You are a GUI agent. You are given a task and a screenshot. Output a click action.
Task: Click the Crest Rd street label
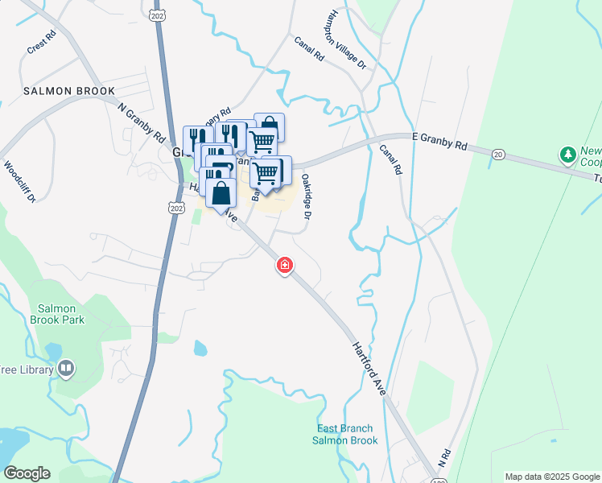(41, 46)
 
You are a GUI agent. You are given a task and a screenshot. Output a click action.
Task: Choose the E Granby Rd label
(439, 142)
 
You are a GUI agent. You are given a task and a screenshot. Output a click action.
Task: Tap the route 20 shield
(498, 155)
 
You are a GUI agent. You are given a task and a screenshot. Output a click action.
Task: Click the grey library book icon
(66, 369)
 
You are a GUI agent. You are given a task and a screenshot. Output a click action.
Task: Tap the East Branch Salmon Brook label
(346, 435)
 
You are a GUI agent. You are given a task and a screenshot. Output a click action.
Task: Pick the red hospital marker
(284, 265)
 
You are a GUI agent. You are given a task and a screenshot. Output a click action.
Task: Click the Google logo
(27, 473)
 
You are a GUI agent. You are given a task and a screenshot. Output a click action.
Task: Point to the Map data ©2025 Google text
(552, 477)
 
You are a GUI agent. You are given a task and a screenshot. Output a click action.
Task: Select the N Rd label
(443, 459)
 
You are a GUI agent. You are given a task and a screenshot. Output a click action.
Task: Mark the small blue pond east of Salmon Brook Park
(199, 349)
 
